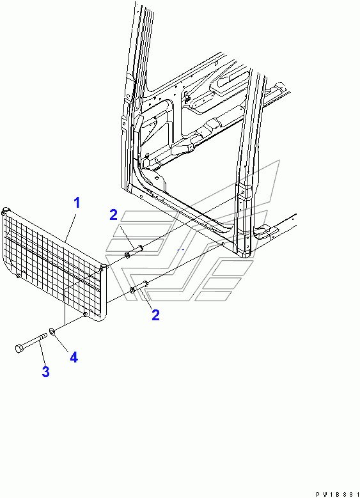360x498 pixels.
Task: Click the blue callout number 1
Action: click(77, 203)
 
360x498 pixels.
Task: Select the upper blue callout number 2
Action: click(113, 215)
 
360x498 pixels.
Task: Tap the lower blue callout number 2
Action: click(155, 315)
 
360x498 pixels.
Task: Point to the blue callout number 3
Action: click(46, 371)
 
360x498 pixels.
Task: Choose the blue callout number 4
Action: click(74, 357)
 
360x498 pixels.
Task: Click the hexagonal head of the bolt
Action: click(19, 348)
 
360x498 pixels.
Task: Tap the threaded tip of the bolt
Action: click(45, 336)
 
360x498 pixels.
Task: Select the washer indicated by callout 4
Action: click(52, 331)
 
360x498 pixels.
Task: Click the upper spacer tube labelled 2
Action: click(134, 251)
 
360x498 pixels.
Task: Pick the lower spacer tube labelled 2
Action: click(139, 287)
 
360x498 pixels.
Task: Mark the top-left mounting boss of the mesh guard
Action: click(5, 211)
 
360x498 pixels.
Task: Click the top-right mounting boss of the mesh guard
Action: click(104, 267)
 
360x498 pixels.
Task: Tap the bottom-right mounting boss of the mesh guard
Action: click(85, 315)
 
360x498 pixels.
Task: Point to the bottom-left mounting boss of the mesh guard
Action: click(19, 276)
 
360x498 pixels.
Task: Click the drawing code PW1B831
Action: click(338, 494)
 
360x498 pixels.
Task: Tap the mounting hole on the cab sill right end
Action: click(223, 244)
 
